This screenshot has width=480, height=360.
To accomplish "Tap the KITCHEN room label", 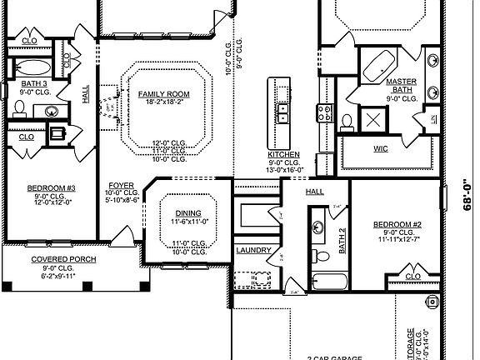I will (x=283, y=155).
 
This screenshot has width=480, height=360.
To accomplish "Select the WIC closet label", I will (x=382, y=148).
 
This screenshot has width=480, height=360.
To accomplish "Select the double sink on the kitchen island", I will (x=282, y=109).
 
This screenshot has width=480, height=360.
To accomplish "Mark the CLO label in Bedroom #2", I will (x=412, y=276).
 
